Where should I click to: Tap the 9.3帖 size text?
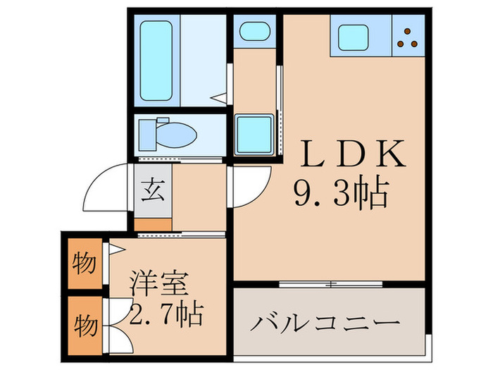(x=341, y=192)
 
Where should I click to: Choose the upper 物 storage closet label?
(x=84, y=264)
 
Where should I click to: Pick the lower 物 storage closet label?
(x=85, y=325)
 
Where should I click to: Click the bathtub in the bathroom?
(x=156, y=60)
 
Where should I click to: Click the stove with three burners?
(x=406, y=37)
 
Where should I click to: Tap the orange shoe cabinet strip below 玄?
(x=153, y=225)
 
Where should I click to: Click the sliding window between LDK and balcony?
(x=330, y=284)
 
